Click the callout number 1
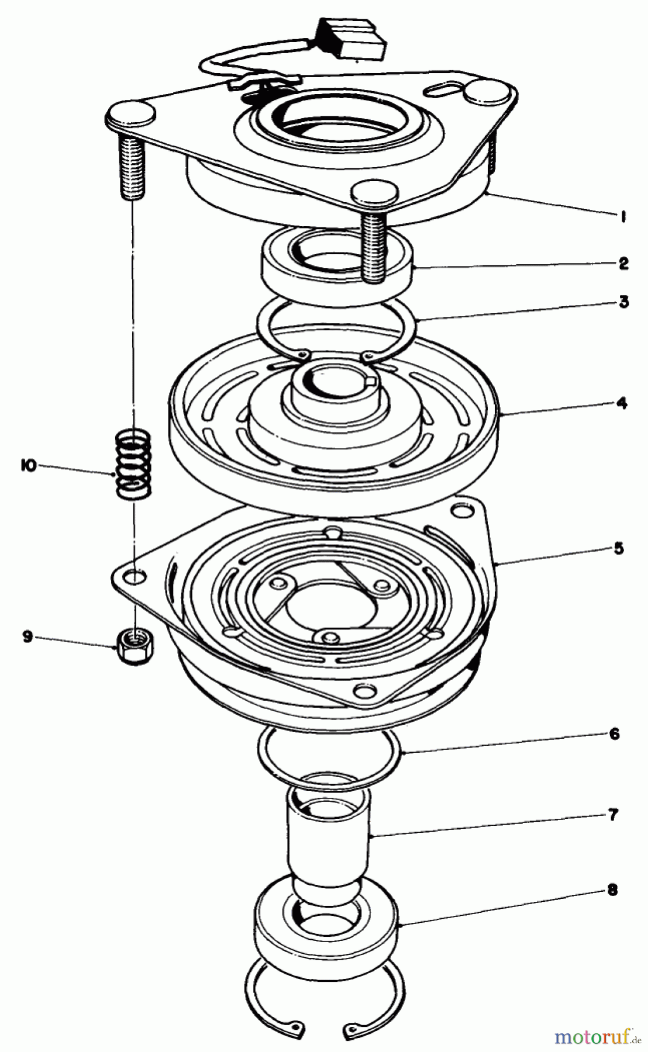coord(623,217)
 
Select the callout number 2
coord(623,264)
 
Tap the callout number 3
coord(624,302)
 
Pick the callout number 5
coord(619,548)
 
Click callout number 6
coord(613,733)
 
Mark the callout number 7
coord(612,814)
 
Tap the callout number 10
coord(28,466)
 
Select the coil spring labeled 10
coord(133,464)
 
